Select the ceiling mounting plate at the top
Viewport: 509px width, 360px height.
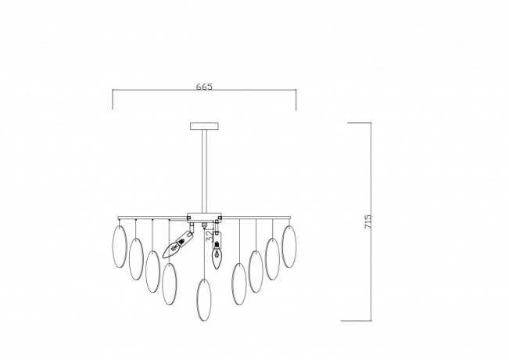(x=205, y=124)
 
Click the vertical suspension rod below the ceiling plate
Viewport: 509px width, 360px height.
(x=205, y=168)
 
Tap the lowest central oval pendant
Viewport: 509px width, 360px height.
(x=205, y=298)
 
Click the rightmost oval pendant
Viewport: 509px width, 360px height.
(x=289, y=245)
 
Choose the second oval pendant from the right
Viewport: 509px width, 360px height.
(x=273, y=258)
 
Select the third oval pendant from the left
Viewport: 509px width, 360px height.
(x=152, y=270)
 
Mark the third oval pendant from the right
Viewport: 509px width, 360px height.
(x=256, y=270)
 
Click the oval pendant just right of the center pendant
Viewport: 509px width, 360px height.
(x=239, y=284)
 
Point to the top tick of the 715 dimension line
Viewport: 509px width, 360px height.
(x=359, y=123)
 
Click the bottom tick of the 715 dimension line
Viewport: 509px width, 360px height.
(x=359, y=320)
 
